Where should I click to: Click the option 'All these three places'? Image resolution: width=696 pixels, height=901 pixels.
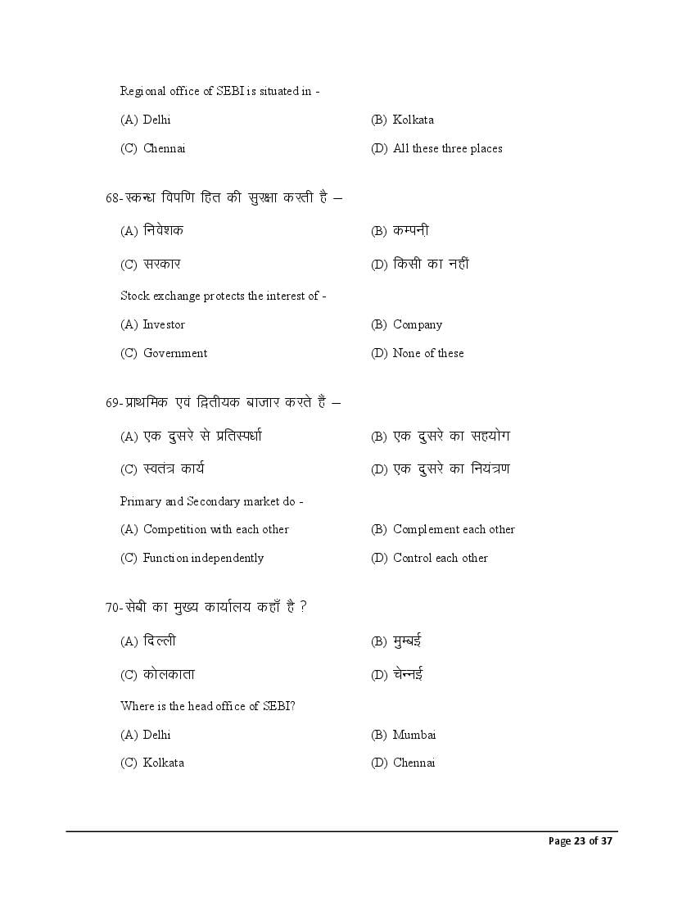(447, 148)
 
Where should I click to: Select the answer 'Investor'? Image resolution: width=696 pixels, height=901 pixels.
(164, 324)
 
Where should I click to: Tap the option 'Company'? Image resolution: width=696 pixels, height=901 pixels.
(418, 324)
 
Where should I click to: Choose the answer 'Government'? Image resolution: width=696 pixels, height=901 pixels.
(175, 353)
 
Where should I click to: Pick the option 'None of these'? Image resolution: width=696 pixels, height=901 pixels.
(428, 353)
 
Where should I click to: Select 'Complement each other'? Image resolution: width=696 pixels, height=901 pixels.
(454, 529)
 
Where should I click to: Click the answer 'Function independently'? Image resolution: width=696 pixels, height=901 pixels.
(203, 558)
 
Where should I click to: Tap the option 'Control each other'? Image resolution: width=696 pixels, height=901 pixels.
(441, 558)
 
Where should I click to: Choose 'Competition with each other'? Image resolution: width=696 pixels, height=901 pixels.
(216, 529)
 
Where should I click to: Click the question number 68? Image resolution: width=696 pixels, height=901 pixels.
(113, 198)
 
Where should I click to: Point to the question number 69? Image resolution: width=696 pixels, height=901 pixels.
(113, 403)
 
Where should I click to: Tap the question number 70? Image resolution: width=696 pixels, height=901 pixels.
(113, 608)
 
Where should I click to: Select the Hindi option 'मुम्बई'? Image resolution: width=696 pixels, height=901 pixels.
(408, 641)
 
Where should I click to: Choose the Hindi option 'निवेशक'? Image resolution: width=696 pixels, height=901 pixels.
(163, 230)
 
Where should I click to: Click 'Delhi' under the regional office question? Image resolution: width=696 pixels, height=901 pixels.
(156, 120)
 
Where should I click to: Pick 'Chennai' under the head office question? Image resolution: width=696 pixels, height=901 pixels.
(414, 763)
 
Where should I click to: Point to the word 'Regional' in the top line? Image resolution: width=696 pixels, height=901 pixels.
(143, 91)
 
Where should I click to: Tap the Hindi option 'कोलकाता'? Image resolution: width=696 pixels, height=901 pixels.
(169, 674)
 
